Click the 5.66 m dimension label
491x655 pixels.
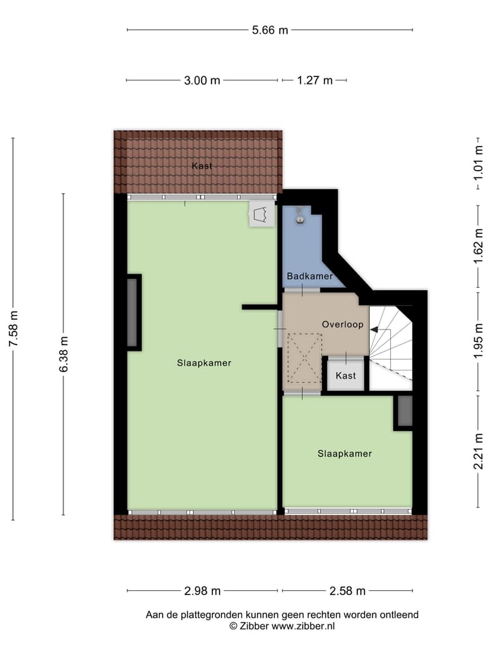tap(270, 30)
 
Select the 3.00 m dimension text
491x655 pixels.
tap(202, 81)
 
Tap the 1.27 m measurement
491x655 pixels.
tap(314, 81)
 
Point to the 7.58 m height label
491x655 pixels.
tap(13, 329)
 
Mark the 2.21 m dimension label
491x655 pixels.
tap(479, 451)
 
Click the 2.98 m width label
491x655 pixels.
tap(202, 591)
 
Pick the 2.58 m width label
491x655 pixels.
tap(347, 591)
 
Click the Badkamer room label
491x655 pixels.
tap(310, 276)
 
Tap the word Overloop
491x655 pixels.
tap(343, 325)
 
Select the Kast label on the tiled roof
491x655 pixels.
tap(201, 166)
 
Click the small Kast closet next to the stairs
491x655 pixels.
tap(346, 376)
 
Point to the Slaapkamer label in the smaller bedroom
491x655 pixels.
tap(344, 453)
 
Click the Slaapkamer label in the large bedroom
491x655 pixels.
tap(203, 363)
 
